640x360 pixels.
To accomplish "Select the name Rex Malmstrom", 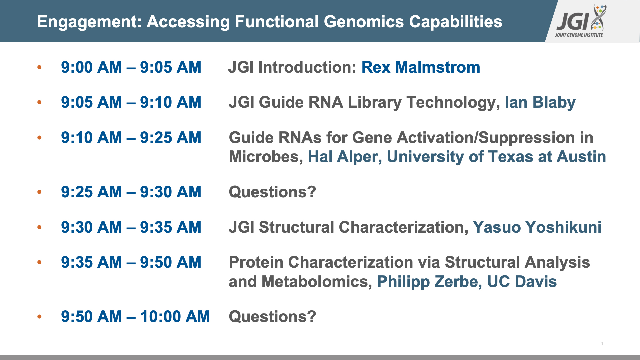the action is pyautogui.click(x=421, y=67).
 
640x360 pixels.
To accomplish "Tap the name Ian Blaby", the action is pyautogui.click(x=540, y=103).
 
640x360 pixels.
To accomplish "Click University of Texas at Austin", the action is pyautogui.click(x=496, y=157).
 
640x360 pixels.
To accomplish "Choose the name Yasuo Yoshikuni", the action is pyautogui.click(x=537, y=227).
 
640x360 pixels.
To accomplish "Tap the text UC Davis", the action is pyautogui.click(x=522, y=282).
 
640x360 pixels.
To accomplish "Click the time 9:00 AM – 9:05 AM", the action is pyautogui.click(x=131, y=67).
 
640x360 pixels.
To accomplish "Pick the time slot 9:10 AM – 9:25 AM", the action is pyautogui.click(x=131, y=138).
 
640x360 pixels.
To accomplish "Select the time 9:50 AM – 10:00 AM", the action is pyautogui.click(x=135, y=317).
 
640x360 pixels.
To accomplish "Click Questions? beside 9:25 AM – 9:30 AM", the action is pyautogui.click(x=272, y=192).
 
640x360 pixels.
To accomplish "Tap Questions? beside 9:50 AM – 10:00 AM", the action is pyautogui.click(x=272, y=317).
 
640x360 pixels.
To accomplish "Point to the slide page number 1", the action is pyautogui.click(x=602, y=344).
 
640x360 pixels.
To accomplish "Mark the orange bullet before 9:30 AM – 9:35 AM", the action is pyautogui.click(x=39, y=227).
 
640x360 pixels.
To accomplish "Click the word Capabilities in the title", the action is pyautogui.click(x=455, y=22).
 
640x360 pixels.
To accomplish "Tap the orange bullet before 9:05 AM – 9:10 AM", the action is pyautogui.click(x=39, y=102).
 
